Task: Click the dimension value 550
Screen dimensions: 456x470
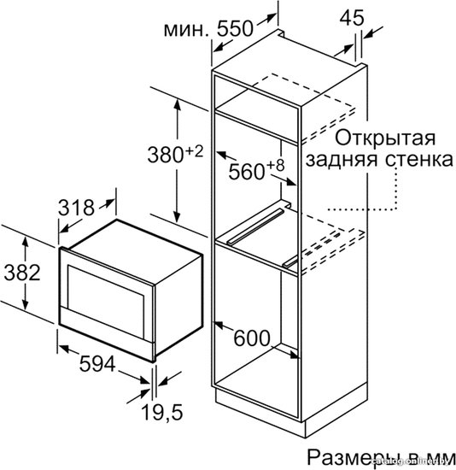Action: [235, 29]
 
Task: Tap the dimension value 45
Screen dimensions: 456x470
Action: [352, 17]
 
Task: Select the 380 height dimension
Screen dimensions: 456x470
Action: [166, 155]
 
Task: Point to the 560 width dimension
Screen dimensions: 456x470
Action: [247, 172]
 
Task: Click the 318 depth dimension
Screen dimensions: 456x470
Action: [76, 207]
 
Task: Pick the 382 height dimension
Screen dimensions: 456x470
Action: [22, 273]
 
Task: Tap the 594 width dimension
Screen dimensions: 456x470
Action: [97, 364]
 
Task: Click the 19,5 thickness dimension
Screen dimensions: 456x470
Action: [161, 412]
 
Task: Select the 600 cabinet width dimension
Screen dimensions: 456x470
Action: [252, 338]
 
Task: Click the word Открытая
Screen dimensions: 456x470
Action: [385, 138]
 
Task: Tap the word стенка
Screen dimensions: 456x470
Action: [418, 160]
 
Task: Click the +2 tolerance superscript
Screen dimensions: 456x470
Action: [195, 151]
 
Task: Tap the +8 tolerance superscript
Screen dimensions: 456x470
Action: [275, 166]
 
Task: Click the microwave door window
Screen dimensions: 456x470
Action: [106, 303]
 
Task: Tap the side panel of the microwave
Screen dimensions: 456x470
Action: [178, 303]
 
